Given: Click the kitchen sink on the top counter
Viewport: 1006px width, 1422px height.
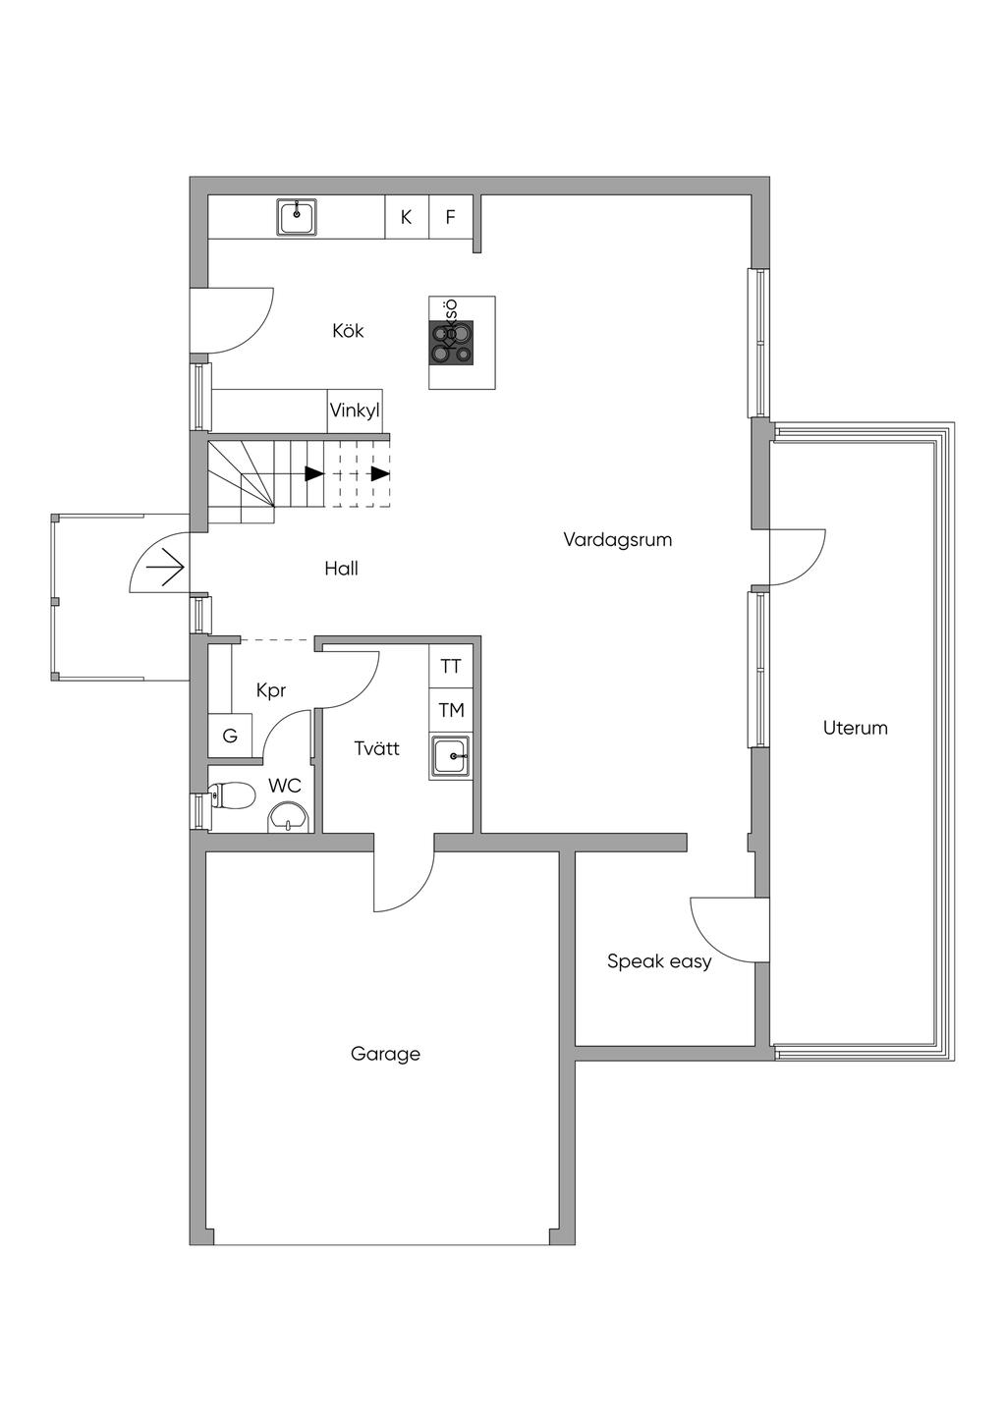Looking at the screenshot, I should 297,217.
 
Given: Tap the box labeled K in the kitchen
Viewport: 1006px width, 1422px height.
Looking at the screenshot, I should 406,217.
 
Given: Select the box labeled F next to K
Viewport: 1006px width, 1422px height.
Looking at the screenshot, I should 451,217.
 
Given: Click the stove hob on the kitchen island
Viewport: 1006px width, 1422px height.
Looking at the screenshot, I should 451,343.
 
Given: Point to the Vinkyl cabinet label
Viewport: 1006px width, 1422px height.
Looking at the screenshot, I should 355,410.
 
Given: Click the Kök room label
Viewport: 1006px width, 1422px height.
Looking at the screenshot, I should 348,331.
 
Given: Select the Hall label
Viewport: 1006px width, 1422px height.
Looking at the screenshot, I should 341,569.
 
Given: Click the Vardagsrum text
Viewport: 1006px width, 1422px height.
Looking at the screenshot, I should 617,540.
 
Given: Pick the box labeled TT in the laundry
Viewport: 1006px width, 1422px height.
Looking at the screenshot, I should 451,667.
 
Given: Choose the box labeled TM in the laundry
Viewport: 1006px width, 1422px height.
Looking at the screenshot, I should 451,710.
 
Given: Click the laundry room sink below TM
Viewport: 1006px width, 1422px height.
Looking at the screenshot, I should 451,756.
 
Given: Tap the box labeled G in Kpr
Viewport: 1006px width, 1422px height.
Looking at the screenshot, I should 230,736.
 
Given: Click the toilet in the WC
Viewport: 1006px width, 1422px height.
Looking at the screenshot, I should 230,794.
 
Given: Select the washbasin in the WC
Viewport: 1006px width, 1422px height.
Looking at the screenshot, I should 287,817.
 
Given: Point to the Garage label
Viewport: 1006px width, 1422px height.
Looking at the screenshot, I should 385,1054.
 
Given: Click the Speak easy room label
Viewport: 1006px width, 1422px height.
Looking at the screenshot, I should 658,961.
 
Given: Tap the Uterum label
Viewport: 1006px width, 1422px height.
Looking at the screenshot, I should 855,728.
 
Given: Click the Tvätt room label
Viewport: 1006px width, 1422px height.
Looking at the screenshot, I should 376,748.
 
